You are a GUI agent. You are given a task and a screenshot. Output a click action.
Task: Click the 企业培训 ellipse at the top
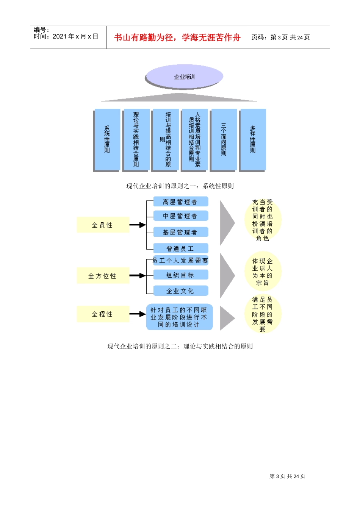click(x=184, y=77)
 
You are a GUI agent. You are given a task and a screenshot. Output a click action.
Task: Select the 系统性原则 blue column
click(x=107, y=139)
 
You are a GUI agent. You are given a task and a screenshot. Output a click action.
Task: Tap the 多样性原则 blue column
click(x=253, y=139)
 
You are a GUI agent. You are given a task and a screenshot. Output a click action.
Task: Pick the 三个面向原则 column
click(x=224, y=139)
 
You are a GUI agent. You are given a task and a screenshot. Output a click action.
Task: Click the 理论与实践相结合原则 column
click(x=136, y=139)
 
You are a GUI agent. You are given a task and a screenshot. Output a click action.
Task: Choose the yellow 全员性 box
click(x=103, y=225)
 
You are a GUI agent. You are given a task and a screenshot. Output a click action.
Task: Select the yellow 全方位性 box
click(x=103, y=276)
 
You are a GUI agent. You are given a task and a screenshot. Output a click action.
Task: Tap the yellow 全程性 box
click(x=103, y=314)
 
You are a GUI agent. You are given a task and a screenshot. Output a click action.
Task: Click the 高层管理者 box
click(x=180, y=202)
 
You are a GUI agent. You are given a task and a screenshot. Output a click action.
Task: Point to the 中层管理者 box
click(x=180, y=216)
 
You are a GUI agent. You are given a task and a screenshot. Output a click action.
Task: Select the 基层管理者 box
click(x=180, y=232)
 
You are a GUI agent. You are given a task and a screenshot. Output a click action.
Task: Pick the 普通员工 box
click(x=180, y=248)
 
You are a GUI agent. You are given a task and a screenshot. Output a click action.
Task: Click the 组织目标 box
click(x=180, y=275)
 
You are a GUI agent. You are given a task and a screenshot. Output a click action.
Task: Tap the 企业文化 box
click(x=180, y=291)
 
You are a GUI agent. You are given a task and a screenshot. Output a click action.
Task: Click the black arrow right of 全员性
click(x=138, y=225)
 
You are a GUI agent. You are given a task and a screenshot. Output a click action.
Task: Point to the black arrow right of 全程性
click(x=138, y=314)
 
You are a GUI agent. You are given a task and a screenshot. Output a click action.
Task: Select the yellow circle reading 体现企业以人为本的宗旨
click(x=263, y=272)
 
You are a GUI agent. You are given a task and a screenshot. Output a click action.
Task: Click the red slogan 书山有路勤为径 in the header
click(x=177, y=37)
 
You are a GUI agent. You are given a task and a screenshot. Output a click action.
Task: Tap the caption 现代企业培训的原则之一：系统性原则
click(x=180, y=186)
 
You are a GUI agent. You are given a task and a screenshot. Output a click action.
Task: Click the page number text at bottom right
click(x=287, y=476)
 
